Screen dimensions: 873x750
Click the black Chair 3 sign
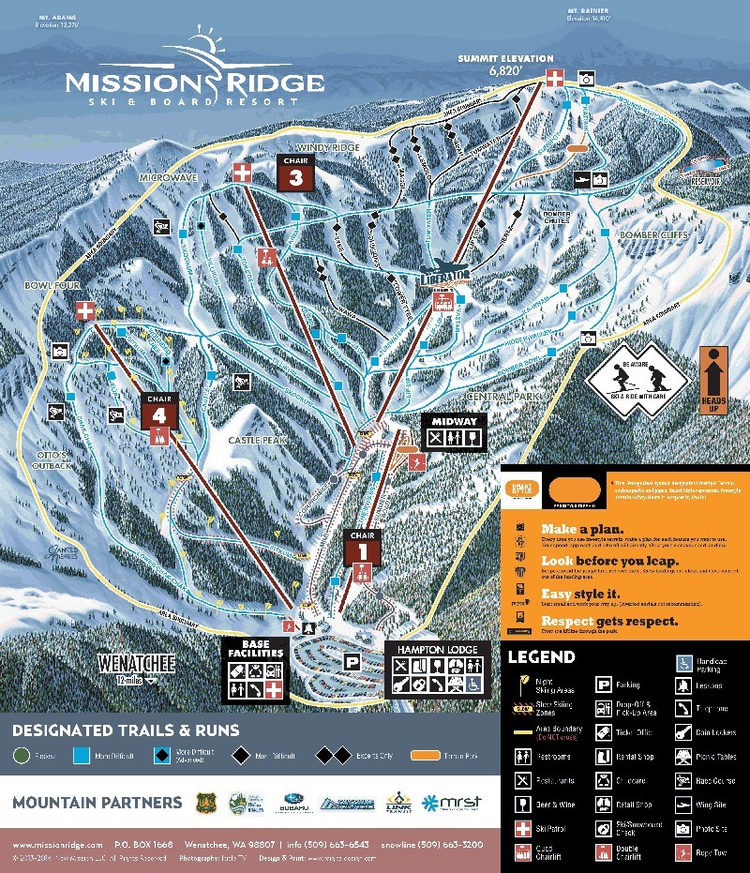[x=295, y=174]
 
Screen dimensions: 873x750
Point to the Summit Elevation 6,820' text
[x=505, y=65]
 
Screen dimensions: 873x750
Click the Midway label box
[x=454, y=431]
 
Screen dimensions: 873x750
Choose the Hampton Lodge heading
[x=436, y=649]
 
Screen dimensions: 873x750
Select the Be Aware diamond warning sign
[x=637, y=380]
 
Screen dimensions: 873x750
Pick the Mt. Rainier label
[x=590, y=12]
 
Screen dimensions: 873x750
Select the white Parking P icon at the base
[x=352, y=661]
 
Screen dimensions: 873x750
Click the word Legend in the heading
[x=541, y=657]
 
